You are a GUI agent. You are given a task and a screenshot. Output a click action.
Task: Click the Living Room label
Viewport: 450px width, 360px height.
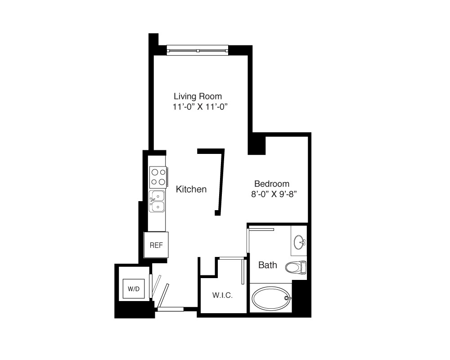click(x=198, y=96)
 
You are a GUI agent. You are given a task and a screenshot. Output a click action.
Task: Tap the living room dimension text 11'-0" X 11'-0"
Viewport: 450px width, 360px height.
click(x=200, y=107)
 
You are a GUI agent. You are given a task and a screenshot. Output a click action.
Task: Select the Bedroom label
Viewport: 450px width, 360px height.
click(x=272, y=184)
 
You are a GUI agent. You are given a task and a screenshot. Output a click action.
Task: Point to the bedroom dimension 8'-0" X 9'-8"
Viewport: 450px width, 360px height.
click(x=274, y=194)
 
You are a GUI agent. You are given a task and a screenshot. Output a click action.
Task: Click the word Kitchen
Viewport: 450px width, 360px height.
click(x=191, y=189)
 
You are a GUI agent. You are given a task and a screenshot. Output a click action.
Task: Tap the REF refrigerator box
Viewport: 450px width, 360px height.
click(x=156, y=245)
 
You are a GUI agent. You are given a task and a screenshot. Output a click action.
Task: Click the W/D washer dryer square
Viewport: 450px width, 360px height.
click(x=134, y=288)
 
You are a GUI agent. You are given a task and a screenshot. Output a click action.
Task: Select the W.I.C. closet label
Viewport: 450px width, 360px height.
click(x=222, y=295)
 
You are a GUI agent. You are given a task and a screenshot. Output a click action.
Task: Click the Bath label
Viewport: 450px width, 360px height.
click(x=267, y=265)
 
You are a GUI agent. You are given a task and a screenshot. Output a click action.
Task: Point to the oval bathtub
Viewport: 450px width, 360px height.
click(x=271, y=298)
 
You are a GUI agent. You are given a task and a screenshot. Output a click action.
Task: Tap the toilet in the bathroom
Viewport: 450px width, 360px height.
click(x=296, y=267)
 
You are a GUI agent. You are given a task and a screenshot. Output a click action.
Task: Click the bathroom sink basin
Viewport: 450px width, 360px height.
click(x=300, y=242)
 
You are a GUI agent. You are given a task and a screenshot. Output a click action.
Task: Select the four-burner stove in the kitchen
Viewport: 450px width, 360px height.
click(x=158, y=177)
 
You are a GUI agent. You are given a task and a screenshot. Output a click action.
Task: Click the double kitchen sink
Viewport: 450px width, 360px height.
click(x=157, y=201)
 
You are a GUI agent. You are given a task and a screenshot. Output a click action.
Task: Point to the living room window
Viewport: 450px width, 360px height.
click(x=198, y=50)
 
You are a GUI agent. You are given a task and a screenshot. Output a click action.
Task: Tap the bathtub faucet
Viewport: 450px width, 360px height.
click(x=287, y=298)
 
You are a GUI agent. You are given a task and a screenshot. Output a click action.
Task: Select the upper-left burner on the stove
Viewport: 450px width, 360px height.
click(x=155, y=172)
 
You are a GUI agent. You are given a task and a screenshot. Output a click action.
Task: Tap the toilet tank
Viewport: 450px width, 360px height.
click(x=303, y=267)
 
